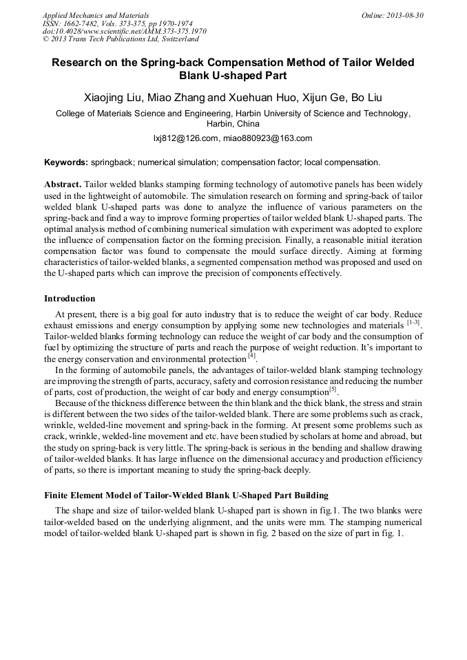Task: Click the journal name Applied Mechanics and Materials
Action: tap(96, 15)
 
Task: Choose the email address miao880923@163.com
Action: tap(267, 138)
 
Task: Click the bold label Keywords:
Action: tap(66, 163)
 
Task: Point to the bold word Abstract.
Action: tap(63, 185)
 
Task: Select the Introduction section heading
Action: tap(70, 299)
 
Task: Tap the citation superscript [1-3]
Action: tap(413, 321)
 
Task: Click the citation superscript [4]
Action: tap(251, 355)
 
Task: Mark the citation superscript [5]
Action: tap(332, 389)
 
